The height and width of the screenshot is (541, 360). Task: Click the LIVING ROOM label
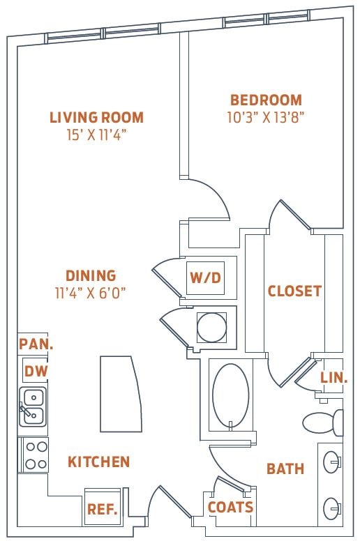click(x=96, y=117)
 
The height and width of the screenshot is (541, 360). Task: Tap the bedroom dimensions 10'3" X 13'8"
click(x=266, y=117)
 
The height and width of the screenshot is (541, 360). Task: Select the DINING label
click(x=91, y=275)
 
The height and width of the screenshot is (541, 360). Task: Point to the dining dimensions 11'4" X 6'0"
click(x=91, y=292)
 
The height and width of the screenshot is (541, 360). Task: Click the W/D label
click(x=205, y=277)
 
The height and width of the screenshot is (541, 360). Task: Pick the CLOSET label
click(x=294, y=291)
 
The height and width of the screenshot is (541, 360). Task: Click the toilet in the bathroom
click(x=322, y=422)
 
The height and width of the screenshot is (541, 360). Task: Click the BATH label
click(x=285, y=468)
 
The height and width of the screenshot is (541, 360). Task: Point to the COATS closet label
click(x=230, y=508)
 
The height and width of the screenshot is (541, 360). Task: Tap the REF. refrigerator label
click(x=102, y=510)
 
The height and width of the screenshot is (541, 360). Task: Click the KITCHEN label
click(x=98, y=462)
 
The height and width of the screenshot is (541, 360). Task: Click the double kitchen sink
click(x=33, y=406)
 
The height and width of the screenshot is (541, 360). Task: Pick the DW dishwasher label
click(x=36, y=371)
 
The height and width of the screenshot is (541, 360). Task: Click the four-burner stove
click(x=33, y=455)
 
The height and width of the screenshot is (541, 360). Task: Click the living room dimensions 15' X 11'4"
click(x=96, y=134)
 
